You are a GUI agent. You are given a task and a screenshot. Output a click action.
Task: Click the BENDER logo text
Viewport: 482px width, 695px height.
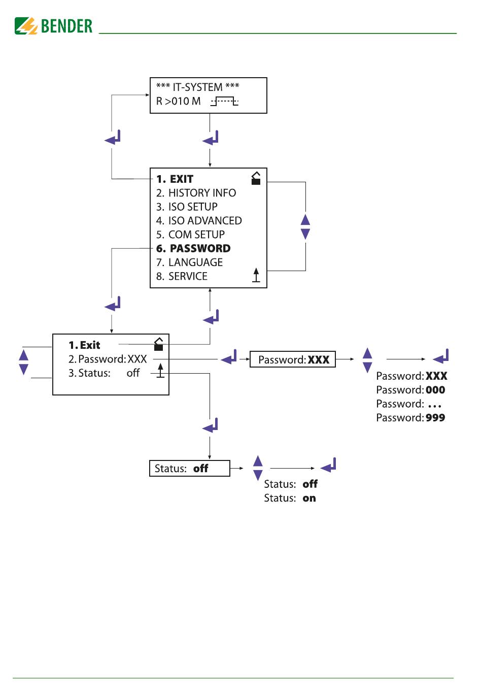[66, 26]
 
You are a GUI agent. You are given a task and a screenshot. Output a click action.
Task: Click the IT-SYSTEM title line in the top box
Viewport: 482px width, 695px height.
[197, 87]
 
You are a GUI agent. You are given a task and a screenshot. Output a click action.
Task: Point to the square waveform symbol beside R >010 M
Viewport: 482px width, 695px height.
[224, 101]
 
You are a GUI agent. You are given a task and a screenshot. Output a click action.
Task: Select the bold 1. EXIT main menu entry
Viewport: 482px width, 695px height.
[175, 179]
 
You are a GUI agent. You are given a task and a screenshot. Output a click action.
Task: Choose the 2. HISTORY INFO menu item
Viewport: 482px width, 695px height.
[196, 193]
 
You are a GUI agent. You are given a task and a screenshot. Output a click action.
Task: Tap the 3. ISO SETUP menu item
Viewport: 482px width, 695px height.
[187, 207]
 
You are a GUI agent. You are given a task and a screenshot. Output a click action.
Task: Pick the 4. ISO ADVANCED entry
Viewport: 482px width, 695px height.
[199, 221]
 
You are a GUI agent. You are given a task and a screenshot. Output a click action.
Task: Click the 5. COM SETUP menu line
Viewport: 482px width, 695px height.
[190, 235]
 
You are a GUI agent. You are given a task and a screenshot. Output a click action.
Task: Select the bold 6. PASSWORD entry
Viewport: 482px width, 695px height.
[193, 248]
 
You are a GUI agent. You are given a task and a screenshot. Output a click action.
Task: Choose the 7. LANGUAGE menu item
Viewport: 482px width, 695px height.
[189, 262]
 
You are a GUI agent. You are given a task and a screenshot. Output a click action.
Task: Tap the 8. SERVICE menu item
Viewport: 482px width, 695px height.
[182, 276]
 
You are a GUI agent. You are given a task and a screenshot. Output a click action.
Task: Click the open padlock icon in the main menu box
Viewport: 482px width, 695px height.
[256, 178]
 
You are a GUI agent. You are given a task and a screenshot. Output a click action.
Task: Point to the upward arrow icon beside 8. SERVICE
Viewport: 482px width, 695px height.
[256, 275]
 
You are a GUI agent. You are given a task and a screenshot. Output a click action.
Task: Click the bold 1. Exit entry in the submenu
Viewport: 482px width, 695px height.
[84, 345]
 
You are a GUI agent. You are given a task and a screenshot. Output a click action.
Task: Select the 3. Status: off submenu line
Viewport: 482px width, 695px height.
[104, 373]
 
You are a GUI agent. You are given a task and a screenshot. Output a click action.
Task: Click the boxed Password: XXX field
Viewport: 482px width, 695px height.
[292, 359]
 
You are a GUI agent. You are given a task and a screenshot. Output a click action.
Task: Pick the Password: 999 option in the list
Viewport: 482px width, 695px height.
[410, 418]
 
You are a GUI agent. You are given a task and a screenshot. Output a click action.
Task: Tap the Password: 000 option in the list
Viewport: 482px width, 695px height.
[410, 390]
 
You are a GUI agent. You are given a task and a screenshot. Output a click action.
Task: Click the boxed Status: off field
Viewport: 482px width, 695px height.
[190, 468]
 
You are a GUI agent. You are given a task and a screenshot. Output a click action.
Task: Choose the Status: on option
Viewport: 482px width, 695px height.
[290, 498]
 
